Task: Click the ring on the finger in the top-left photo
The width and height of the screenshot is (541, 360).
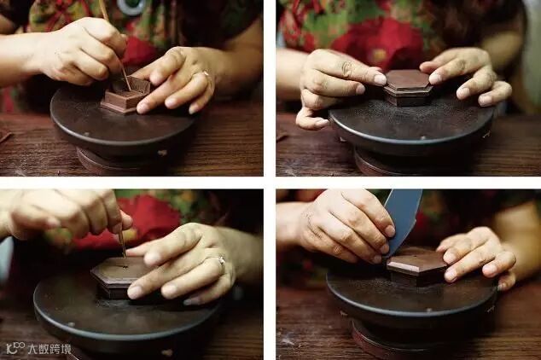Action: (x=206, y=73)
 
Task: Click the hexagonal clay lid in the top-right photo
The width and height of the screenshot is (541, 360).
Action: (x=409, y=87)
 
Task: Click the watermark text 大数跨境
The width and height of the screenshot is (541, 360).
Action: (x=49, y=349)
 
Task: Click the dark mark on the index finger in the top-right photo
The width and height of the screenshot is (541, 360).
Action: (x=346, y=67)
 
